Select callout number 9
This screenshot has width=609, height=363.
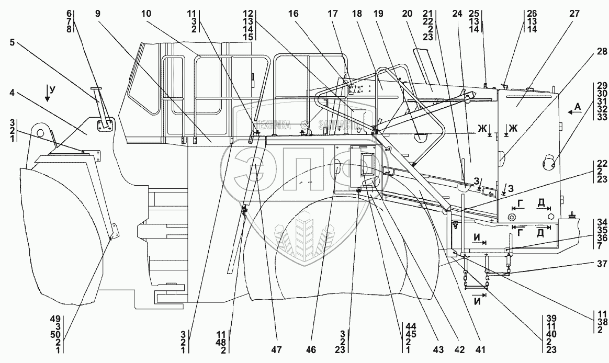pyautogui.click(x=97, y=14)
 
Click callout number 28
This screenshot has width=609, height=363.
pyautogui.click(x=588, y=51)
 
